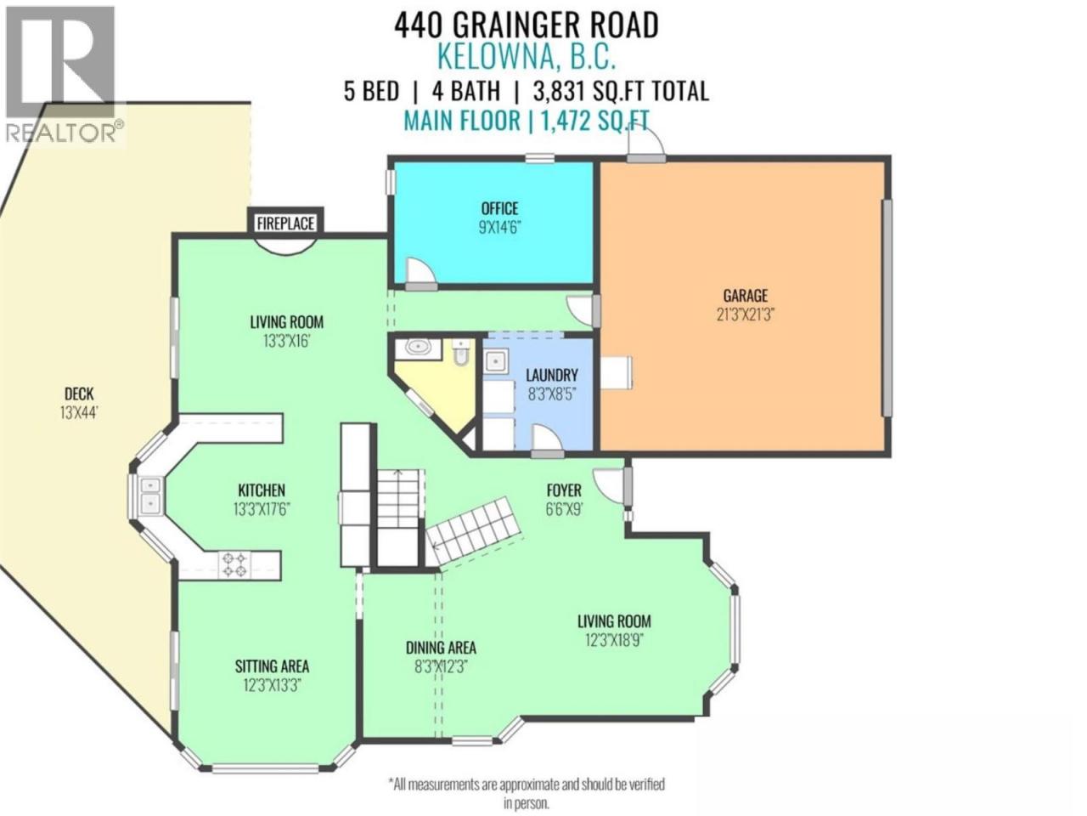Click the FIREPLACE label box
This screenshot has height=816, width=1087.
click(285, 223)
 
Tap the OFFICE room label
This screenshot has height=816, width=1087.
click(499, 208)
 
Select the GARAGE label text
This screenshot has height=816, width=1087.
click(745, 296)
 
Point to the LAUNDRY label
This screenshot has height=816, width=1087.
click(552, 375)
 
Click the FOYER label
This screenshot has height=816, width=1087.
click(564, 490)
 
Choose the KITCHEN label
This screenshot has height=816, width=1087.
click(262, 490)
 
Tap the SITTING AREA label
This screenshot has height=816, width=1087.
click(272, 666)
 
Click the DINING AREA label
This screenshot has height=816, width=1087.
click(441, 648)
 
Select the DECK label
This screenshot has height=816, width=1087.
click(79, 394)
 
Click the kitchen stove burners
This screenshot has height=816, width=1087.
click(234, 564)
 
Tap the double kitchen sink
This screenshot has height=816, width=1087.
click(150, 496)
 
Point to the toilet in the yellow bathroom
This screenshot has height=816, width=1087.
click(460, 352)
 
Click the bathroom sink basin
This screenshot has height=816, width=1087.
click(419, 348)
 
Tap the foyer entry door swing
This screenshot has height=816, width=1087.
click(609, 486)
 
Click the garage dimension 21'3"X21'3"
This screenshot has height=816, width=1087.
click(745, 314)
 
